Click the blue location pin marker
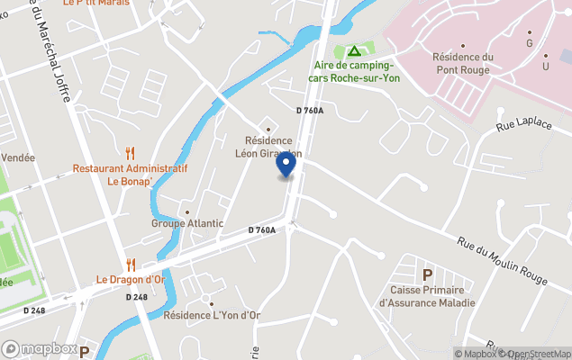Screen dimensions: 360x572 pyautogui.click(x=286, y=166)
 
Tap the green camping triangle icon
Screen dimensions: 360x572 pyautogui.click(x=354, y=51)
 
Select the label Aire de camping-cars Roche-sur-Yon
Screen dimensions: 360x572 pyautogui.click(x=354, y=71)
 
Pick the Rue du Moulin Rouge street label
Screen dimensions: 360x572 pyautogui.click(x=501, y=262)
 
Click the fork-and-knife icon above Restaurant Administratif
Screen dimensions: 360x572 pyautogui.click(x=131, y=153)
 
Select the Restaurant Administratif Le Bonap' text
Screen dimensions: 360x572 pyautogui.click(x=130, y=175)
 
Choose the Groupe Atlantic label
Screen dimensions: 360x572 pyautogui.click(x=187, y=224)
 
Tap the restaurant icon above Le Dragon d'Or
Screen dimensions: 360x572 pyautogui.click(x=131, y=264)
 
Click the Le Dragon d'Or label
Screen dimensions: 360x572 pyautogui.click(x=131, y=279)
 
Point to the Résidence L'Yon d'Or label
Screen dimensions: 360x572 pyautogui.click(x=212, y=315)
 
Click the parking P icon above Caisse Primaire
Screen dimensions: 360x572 pyautogui.click(x=428, y=274)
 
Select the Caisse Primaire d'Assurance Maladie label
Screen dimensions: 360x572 pyautogui.click(x=428, y=296)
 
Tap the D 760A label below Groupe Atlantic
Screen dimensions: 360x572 pyautogui.click(x=261, y=230)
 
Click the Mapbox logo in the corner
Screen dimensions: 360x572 pyautogui.click(x=41, y=348)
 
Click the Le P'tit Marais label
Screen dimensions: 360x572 pyautogui.click(x=96, y=3)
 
